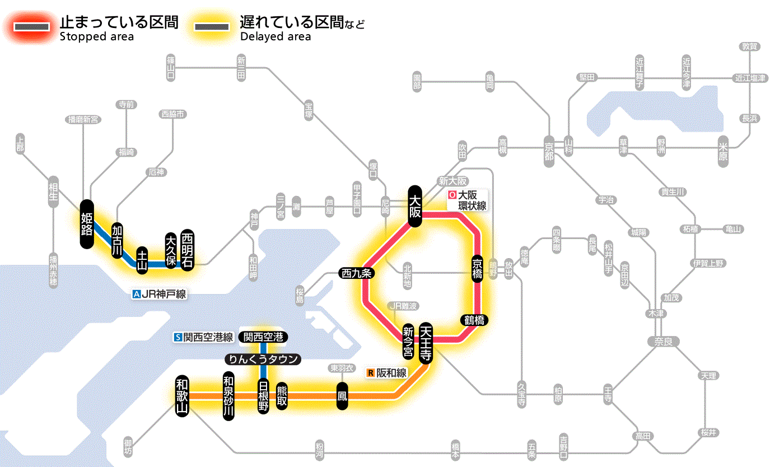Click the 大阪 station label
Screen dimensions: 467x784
pos(415,206)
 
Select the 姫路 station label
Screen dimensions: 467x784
pos(87,223)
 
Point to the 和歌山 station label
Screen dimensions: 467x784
pos(182,395)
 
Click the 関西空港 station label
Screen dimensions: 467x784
pos(263,337)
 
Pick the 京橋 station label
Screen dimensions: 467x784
pos(477,269)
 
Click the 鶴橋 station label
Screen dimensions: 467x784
pos(474,320)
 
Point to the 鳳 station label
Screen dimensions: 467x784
pos(342,395)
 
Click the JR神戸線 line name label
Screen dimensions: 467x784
pos(160,294)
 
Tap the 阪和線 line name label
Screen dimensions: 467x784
pos(387,372)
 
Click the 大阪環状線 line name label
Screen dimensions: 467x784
pos(468,200)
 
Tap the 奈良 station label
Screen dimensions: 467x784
pos(662,340)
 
